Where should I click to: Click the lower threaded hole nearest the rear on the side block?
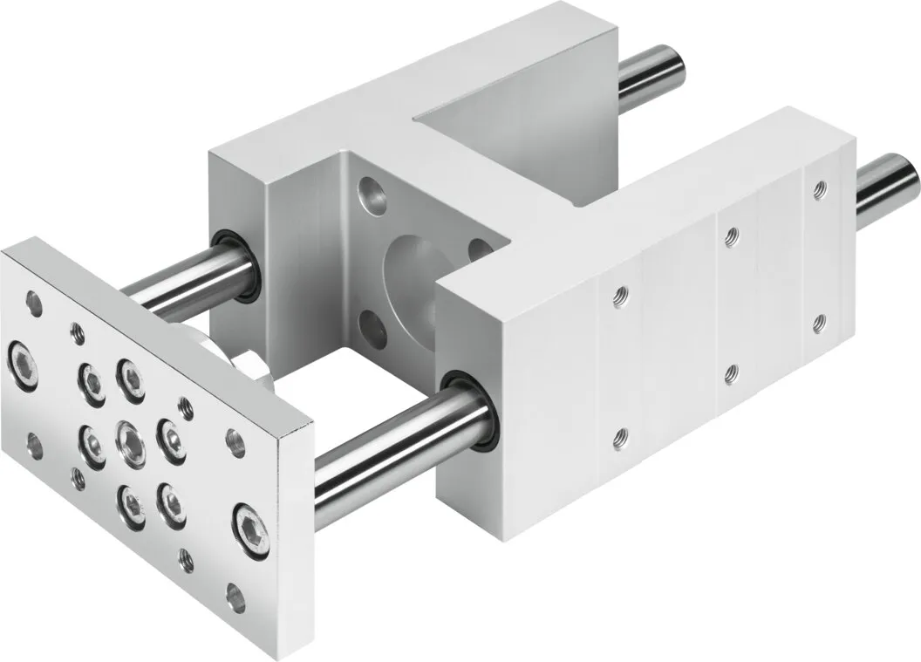817,323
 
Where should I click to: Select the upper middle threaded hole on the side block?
731,234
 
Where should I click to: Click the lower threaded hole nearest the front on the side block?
621,433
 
